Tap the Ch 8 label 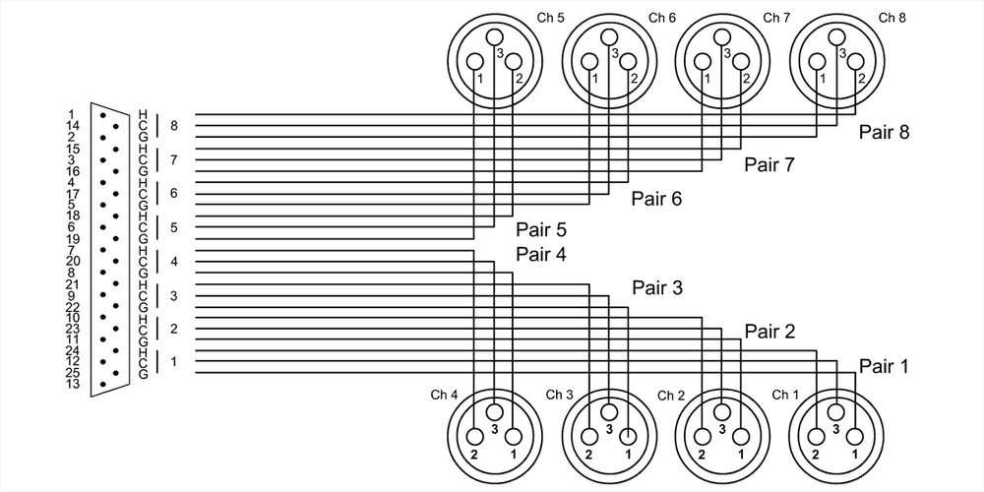point(892,18)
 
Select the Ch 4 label point(444,395)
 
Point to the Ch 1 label point(785,395)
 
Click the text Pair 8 point(883,132)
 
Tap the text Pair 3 point(656,287)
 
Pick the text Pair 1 point(883,366)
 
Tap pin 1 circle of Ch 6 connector point(589,62)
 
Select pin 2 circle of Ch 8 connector point(857,62)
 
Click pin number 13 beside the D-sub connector point(71,384)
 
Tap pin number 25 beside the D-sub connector point(71,372)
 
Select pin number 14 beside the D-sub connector point(71,126)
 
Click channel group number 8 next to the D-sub point(173,126)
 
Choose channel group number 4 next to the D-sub point(173,262)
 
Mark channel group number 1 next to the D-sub point(173,361)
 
